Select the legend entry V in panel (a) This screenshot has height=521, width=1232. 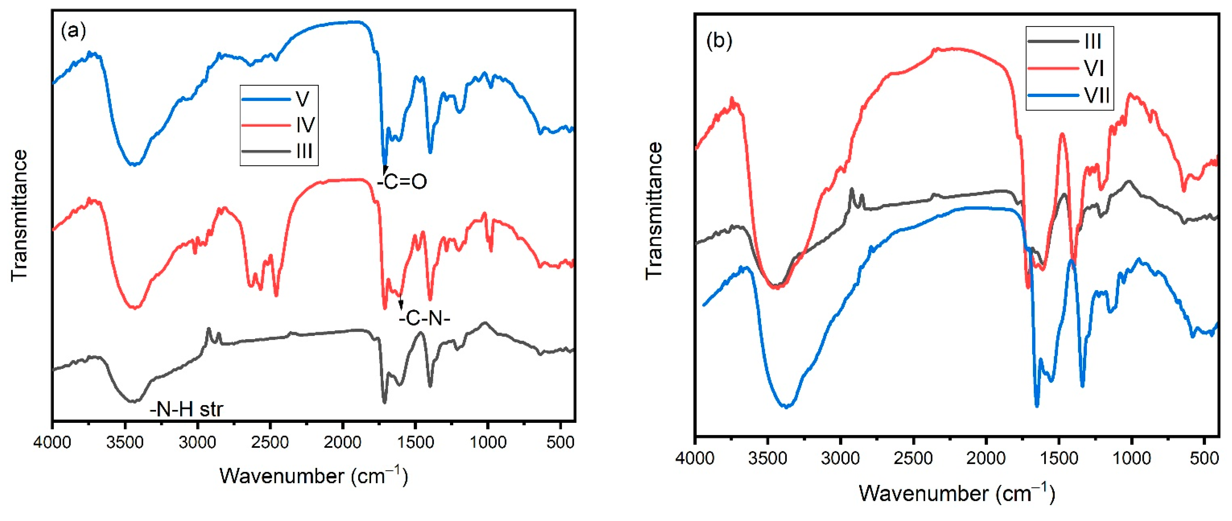302,99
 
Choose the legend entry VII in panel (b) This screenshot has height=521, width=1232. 1097,96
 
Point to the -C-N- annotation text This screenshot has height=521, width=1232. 425,318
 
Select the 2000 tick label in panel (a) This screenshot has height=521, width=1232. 342,443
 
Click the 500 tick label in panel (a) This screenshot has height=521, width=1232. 560,443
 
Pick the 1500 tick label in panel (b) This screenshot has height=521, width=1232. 1059,458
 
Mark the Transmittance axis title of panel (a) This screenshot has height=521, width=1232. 20,215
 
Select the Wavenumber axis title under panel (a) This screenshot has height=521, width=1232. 313,476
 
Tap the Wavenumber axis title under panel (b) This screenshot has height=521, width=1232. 956,493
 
